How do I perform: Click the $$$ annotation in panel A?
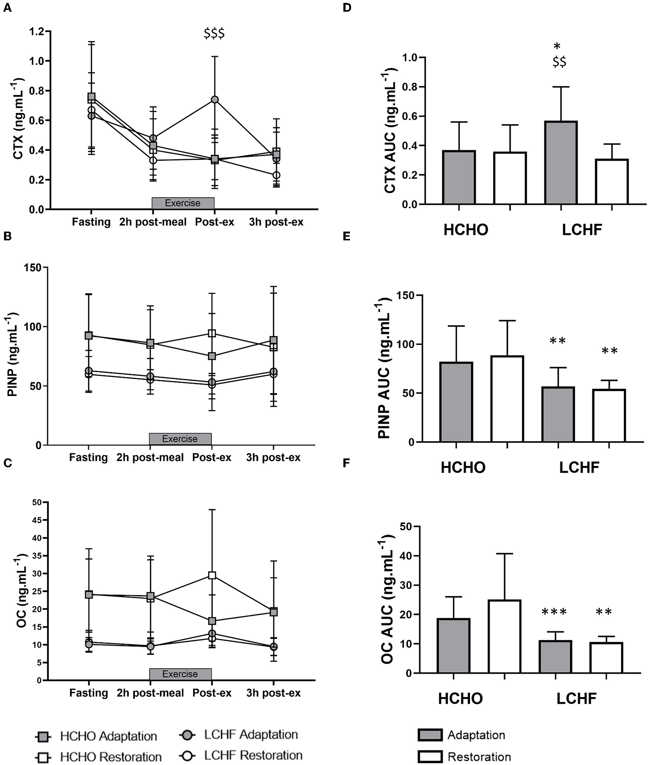tap(214, 33)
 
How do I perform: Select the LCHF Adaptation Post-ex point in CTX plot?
tap(215, 100)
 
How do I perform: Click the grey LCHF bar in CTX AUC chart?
tap(561, 162)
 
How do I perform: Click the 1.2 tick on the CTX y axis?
tap(37, 31)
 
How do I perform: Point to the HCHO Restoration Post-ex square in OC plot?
tap(212, 575)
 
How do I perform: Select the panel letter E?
tap(346, 236)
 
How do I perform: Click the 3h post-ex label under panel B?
tap(273, 457)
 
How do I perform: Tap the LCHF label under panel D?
tap(582, 230)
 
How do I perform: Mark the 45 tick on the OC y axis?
tap(37, 520)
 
